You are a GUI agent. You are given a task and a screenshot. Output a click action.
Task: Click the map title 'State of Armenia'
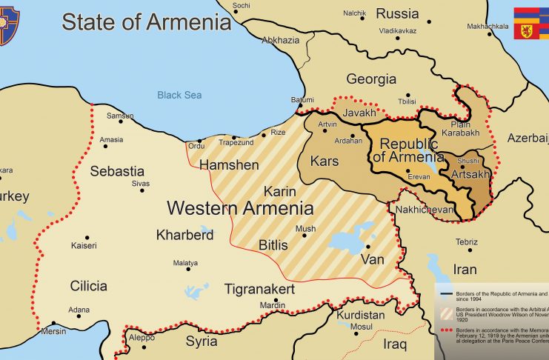click(146, 22)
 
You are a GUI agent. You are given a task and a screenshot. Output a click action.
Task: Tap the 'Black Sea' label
click(179, 95)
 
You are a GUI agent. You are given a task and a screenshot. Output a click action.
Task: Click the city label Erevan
click(419, 177)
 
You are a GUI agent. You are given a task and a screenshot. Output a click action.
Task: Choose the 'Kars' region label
click(325, 161)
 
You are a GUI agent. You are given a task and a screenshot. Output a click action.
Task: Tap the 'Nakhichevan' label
click(425, 210)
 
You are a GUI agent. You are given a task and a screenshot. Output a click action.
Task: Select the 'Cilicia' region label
click(88, 286)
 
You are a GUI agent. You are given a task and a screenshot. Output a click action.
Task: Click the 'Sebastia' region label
click(117, 171)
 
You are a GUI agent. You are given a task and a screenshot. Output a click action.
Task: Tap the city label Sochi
click(242, 5)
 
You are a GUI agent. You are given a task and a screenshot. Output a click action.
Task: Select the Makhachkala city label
click(487, 26)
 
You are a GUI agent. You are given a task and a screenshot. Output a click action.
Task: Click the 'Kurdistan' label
click(361, 315)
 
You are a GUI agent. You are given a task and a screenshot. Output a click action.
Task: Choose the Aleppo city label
click(142, 337)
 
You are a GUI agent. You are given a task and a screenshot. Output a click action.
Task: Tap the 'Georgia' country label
click(371, 79)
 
